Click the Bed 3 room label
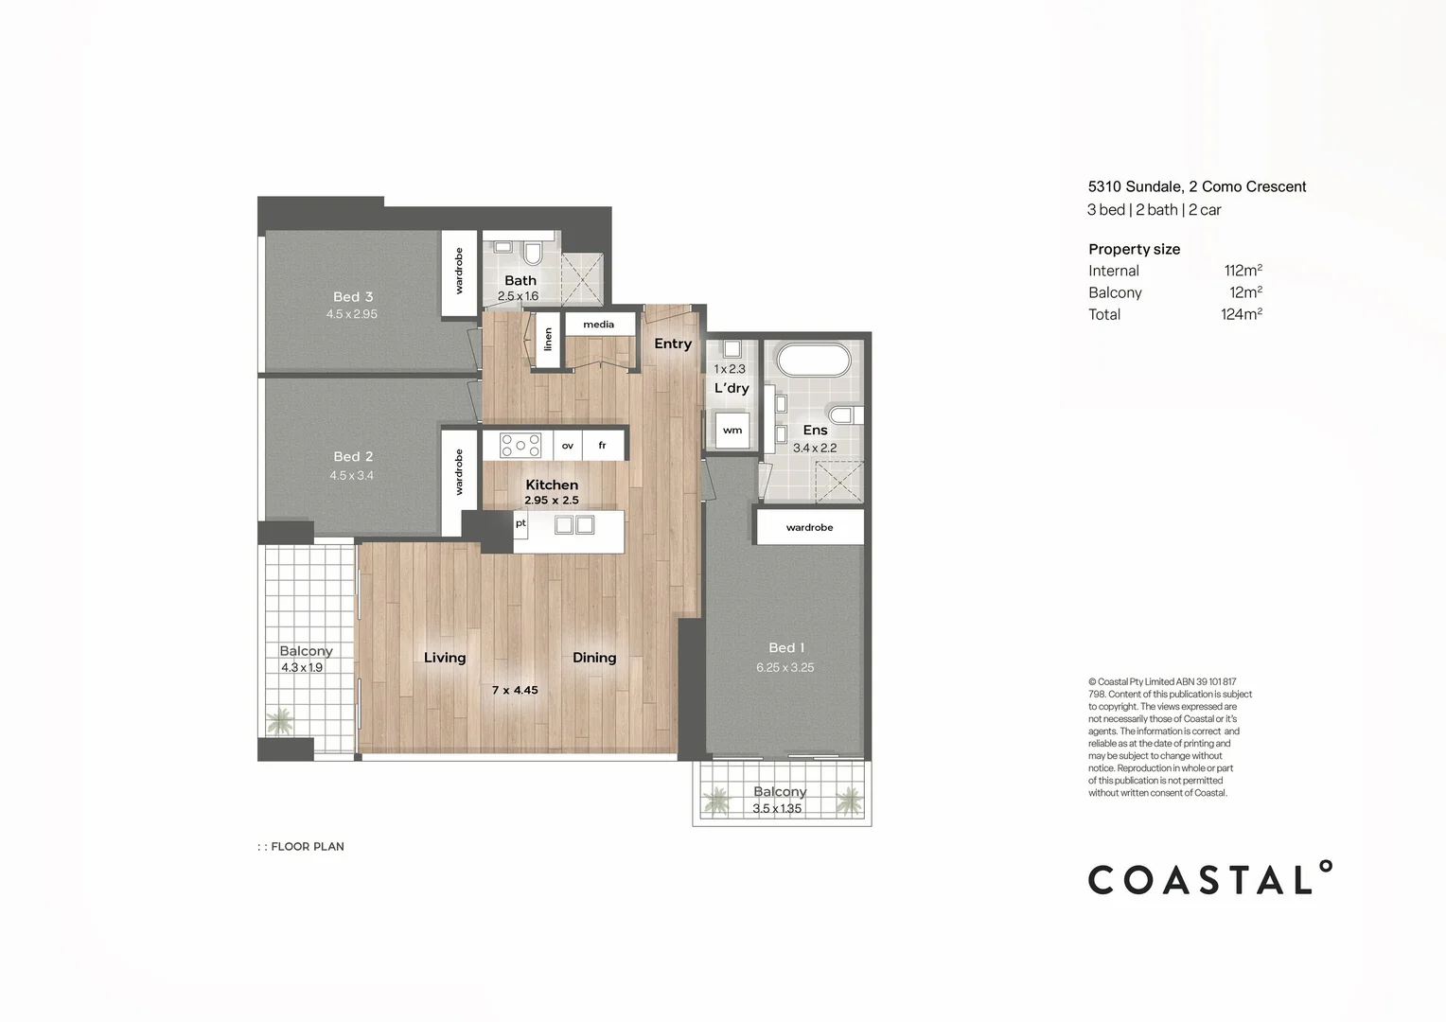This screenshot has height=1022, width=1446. pyautogui.click(x=353, y=297)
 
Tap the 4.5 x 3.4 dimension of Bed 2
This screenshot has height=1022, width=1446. pyautogui.click(x=351, y=476)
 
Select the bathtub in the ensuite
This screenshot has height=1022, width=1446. pyautogui.click(x=813, y=361)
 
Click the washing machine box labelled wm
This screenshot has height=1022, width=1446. pyautogui.click(x=732, y=430)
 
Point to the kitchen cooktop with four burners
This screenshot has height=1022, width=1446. pyautogui.click(x=520, y=446)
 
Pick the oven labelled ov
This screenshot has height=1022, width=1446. pyautogui.click(x=568, y=446)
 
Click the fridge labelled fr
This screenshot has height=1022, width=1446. pyautogui.click(x=602, y=446)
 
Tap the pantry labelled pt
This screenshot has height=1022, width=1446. pyautogui.click(x=520, y=523)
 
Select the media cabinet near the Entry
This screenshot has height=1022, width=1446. pyautogui.click(x=599, y=325)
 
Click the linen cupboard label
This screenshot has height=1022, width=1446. pyautogui.click(x=548, y=340)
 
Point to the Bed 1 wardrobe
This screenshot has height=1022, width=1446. pyautogui.click(x=809, y=527)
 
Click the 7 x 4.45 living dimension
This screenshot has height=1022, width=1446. pyautogui.click(x=515, y=691)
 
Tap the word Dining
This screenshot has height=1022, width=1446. pyautogui.click(x=594, y=658)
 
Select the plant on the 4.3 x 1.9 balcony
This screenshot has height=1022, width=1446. pyautogui.click(x=279, y=723)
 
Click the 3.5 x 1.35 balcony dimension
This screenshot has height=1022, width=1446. pyautogui.click(x=777, y=809)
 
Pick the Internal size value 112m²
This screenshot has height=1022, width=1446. pyautogui.click(x=1243, y=271)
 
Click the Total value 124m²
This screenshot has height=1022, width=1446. pyautogui.click(x=1241, y=314)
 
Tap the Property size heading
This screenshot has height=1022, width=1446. pyautogui.click(x=1134, y=250)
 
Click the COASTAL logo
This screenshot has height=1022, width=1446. pyautogui.click(x=1209, y=879)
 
